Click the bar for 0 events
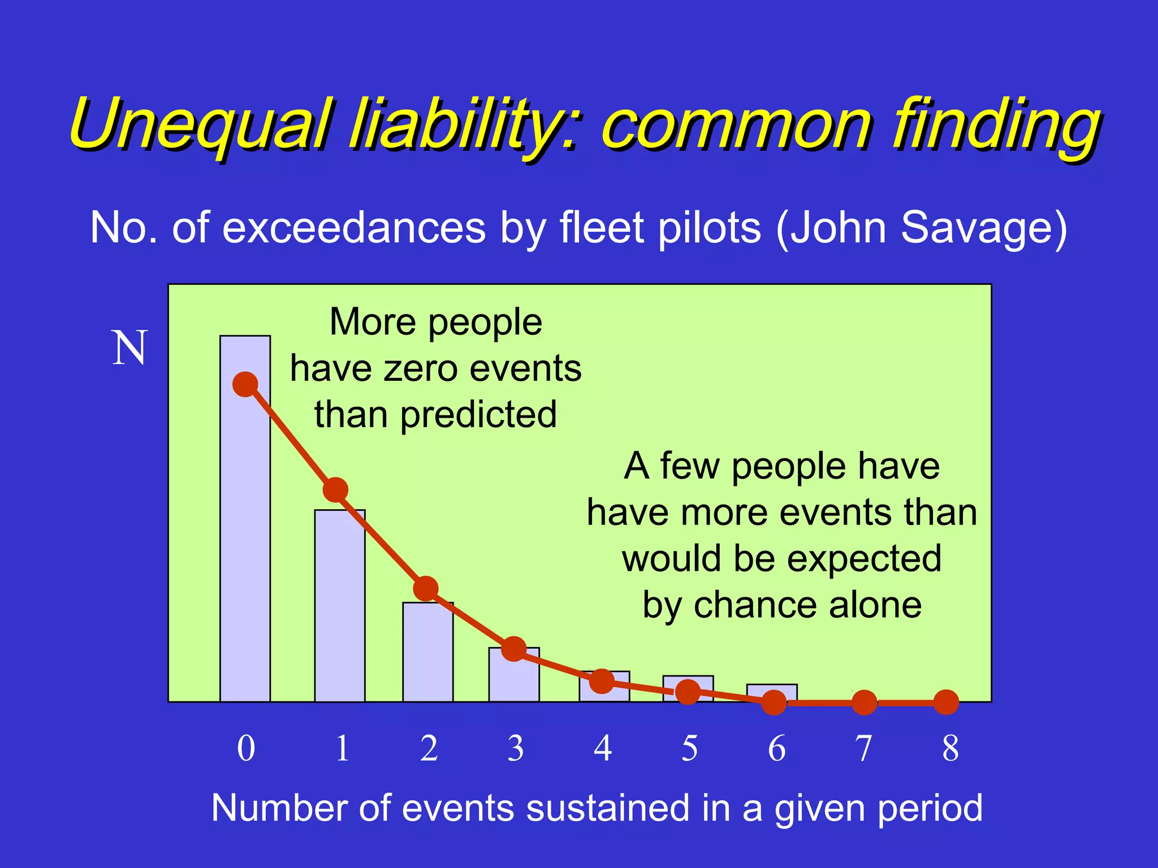click(x=245, y=542)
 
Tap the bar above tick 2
click(x=428, y=656)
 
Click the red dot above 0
click(x=245, y=385)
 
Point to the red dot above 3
click(x=514, y=649)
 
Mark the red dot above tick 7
click(x=864, y=702)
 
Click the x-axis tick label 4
click(x=603, y=748)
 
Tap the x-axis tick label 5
click(x=689, y=748)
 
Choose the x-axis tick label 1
click(x=342, y=748)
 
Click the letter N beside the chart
click(x=129, y=348)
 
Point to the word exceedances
click(x=353, y=228)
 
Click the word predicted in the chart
click(x=478, y=415)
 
